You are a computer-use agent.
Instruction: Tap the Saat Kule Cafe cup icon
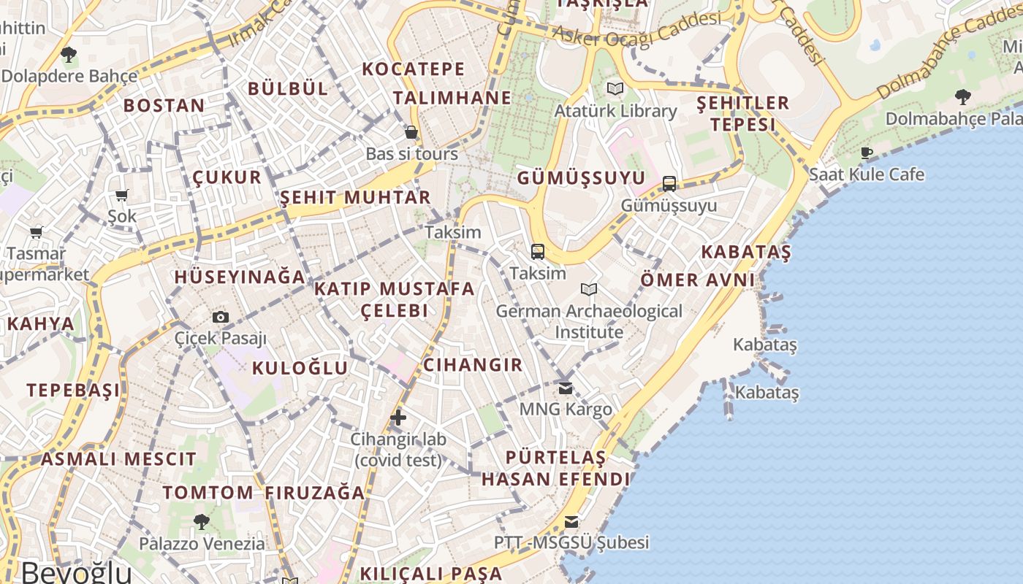pyautogui.click(x=867, y=153)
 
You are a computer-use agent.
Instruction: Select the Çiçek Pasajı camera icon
pyautogui.click(x=220, y=317)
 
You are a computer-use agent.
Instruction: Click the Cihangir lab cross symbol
pyautogui.click(x=398, y=418)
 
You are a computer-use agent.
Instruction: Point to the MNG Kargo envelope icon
pyautogui.click(x=566, y=388)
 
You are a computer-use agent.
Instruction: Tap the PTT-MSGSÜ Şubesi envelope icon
pyautogui.click(x=571, y=521)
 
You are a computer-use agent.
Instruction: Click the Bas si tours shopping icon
pyautogui.click(x=411, y=132)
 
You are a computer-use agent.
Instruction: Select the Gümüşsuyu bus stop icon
pyautogui.click(x=669, y=183)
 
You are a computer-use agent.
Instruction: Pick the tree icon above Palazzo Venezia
pyautogui.click(x=202, y=521)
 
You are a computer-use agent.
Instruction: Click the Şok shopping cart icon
pyautogui.click(x=122, y=195)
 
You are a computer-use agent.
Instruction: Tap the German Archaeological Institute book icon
pyautogui.click(x=589, y=290)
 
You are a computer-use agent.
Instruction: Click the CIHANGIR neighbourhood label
pyautogui.click(x=473, y=365)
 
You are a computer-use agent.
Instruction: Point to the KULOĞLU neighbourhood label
pyautogui.click(x=300, y=368)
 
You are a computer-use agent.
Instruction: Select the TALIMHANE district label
pyautogui.click(x=452, y=98)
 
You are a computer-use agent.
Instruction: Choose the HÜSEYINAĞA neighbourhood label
pyautogui.click(x=240, y=277)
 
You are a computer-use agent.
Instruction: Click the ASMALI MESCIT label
pyautogui.click(x=118, y=459)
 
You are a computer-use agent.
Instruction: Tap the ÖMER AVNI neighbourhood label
pyautogui.click(x=697, y=280)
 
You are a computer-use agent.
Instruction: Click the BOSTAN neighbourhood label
pyautogui.click(x=164, y=106)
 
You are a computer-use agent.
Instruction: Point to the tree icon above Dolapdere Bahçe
pyautogui.click(x=69, y=53)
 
